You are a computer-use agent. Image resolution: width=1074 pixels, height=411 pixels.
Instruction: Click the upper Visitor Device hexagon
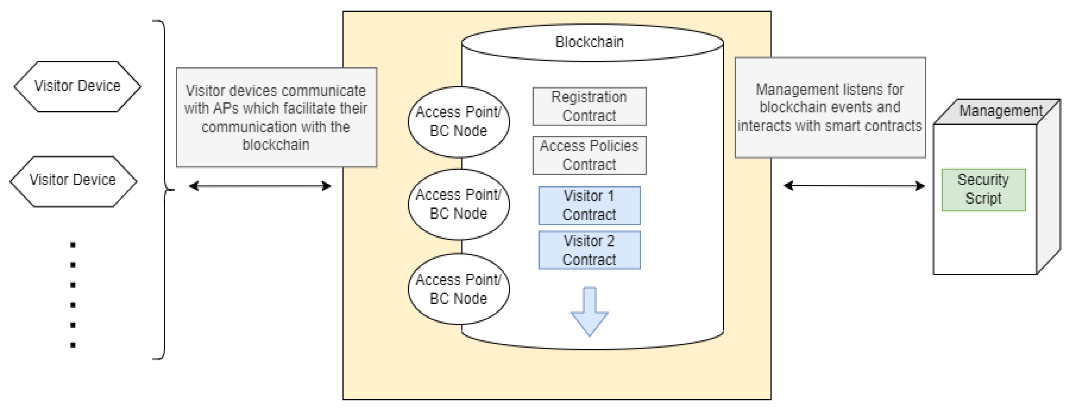78,86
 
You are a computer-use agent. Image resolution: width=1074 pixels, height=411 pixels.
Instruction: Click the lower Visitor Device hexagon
73,181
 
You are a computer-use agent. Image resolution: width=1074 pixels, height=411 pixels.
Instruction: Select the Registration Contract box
589,107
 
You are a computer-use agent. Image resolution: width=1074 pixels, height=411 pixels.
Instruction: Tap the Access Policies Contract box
589,155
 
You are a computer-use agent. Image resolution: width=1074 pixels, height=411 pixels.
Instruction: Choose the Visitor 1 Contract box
589,205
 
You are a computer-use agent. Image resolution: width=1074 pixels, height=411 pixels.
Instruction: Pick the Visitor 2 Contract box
589,250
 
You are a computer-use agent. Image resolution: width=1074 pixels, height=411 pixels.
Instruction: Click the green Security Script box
983,189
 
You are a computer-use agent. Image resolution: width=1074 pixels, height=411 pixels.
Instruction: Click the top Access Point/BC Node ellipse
458,122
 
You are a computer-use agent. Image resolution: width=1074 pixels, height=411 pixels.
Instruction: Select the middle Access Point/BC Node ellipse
458,205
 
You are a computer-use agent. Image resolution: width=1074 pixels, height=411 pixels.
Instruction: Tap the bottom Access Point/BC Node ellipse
458,289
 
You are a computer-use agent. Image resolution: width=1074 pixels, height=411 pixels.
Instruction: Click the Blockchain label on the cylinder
589,42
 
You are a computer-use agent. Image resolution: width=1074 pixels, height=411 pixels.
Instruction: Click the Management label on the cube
1000,111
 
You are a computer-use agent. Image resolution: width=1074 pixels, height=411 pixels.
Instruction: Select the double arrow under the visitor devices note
260,186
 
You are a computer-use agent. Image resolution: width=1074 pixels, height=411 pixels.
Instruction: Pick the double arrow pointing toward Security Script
854,186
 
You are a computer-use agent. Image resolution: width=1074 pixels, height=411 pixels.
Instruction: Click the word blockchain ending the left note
276,145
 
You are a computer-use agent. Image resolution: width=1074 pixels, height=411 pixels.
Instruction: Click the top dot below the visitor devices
73,245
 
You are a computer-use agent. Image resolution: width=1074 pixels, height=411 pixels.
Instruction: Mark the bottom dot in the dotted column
73,345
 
